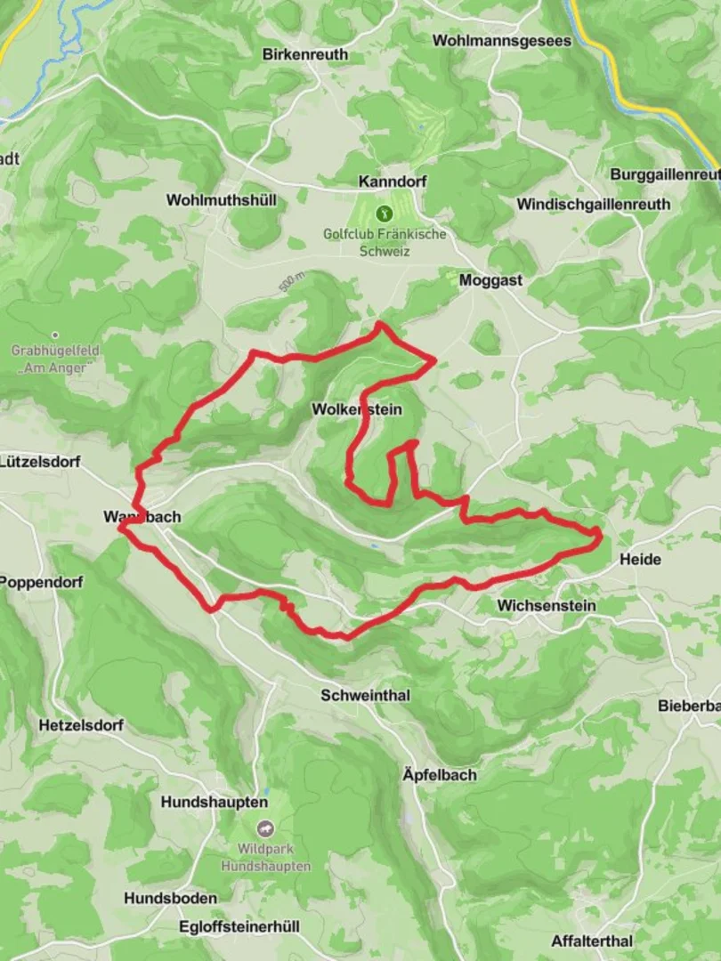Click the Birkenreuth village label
tap(305, 54)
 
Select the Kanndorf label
tap(393, 182)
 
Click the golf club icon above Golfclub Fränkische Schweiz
tap(385, 214)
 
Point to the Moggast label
tap(490, 280)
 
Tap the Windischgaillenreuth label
tap(594, 205)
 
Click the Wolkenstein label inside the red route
tap(357, 410)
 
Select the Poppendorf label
tap(41, 583)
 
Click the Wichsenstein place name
tap(547, 606)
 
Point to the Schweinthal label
tap(366, 696)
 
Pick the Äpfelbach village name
tap(439, 775)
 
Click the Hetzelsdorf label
tap(80, 725)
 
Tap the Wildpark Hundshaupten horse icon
tap(263, 828)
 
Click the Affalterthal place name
tap(592, 941)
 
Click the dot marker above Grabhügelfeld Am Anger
tap(55, 335)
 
